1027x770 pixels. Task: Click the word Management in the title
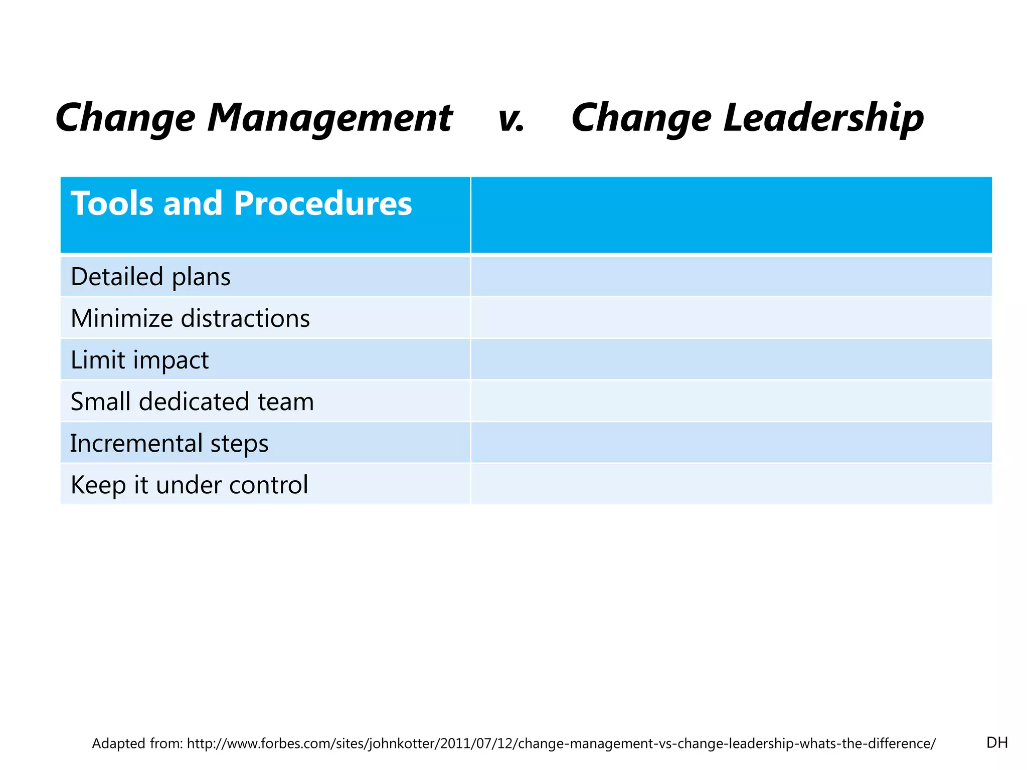[x=330, y=118]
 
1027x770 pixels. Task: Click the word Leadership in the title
[x=823, y=118]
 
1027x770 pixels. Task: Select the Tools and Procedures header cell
[x=265, y=215]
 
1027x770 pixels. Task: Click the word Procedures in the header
[x=322, y=204]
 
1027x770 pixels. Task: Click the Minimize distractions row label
[x=190, y=318]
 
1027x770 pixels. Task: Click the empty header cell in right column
[x=731, y=215]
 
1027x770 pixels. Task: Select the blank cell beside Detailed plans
[x=731, y=277]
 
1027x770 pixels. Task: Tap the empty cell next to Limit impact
[x=731, y=359]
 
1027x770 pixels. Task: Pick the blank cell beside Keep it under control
[x=731, y=484]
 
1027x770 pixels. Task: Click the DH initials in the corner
[x=996, y=742]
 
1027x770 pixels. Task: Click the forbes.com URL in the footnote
[x=561, y=743]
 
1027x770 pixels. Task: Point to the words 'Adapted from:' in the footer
[x=137, y=743]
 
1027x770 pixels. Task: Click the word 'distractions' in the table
[x=245, y=318]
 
